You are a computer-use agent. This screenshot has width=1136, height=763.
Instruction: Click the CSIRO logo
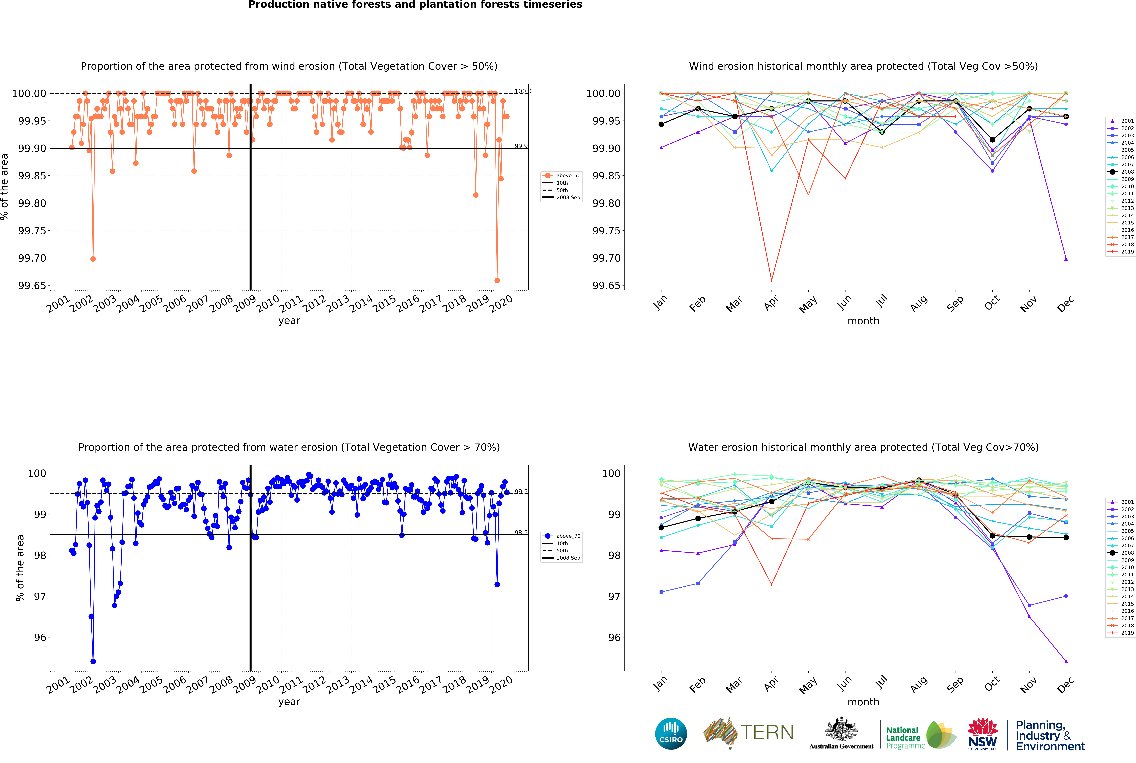pos(671,733)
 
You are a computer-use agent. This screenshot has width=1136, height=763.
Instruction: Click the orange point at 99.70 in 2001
pos(93,259)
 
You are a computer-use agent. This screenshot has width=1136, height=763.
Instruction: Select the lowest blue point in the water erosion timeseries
pos(93,661)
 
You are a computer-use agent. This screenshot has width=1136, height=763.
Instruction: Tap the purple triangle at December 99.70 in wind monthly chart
pos(1066,259)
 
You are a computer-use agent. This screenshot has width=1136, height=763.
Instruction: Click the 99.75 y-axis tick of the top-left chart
pos(32,231)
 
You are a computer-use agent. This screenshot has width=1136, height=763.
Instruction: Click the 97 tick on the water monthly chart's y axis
pos(614,597)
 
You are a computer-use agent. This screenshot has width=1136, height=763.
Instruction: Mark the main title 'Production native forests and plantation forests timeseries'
pos(415,5)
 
